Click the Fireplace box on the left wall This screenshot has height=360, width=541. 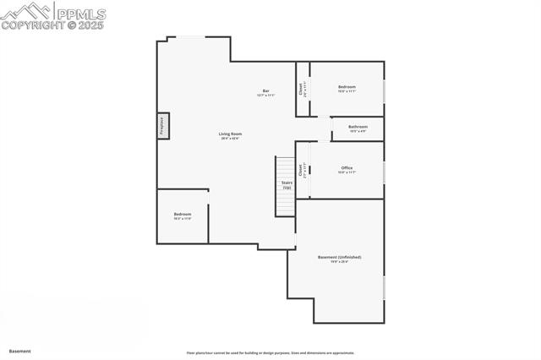[x=163, y=125]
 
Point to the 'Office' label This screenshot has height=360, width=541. [x=347, y=169]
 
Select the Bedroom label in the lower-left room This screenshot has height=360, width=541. [x=183, y=215]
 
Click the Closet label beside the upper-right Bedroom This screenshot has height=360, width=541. [x=302, y=88]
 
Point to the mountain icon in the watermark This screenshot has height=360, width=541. [x=25, y=12]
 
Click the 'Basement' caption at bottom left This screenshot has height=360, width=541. [x=20, y=351]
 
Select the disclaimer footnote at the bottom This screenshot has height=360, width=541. [x=270, y=353]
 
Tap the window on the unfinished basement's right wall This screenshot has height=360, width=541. [x=384, y=286]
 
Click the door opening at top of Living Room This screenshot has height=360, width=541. [x=186, y=36]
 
